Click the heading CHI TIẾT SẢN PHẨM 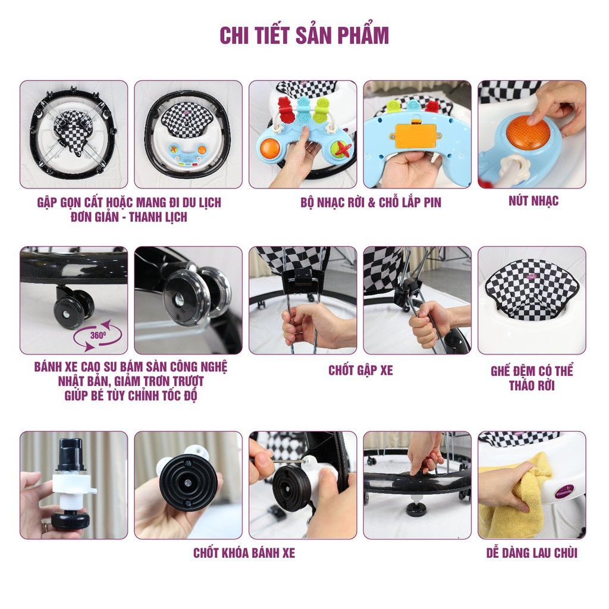coord(304,35)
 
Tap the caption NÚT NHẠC coord(533,201)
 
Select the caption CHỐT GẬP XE coord(360,371)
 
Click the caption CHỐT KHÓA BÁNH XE coord(244,553)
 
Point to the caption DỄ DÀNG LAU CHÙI coord(531,553)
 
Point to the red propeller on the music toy coord(341,149)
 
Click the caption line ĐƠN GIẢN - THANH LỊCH coord(128,217)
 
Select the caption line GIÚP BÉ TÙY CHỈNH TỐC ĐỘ coord(130,395)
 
